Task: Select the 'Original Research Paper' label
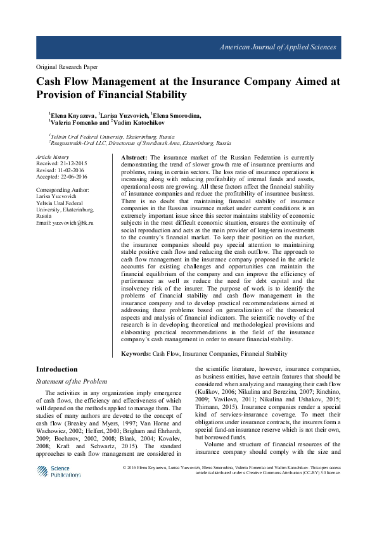pos(67,66)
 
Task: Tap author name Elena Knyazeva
pos(72,115)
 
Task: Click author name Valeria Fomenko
pos(73,123)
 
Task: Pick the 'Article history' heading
pos(53,156)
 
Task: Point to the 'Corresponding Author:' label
pos(63,190)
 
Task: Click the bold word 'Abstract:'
pos(134,156)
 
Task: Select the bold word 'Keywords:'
pos(136,354)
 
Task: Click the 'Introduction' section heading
pos(57,369)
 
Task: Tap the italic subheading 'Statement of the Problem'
pos(72,381)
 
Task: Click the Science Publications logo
pos(59,471)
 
